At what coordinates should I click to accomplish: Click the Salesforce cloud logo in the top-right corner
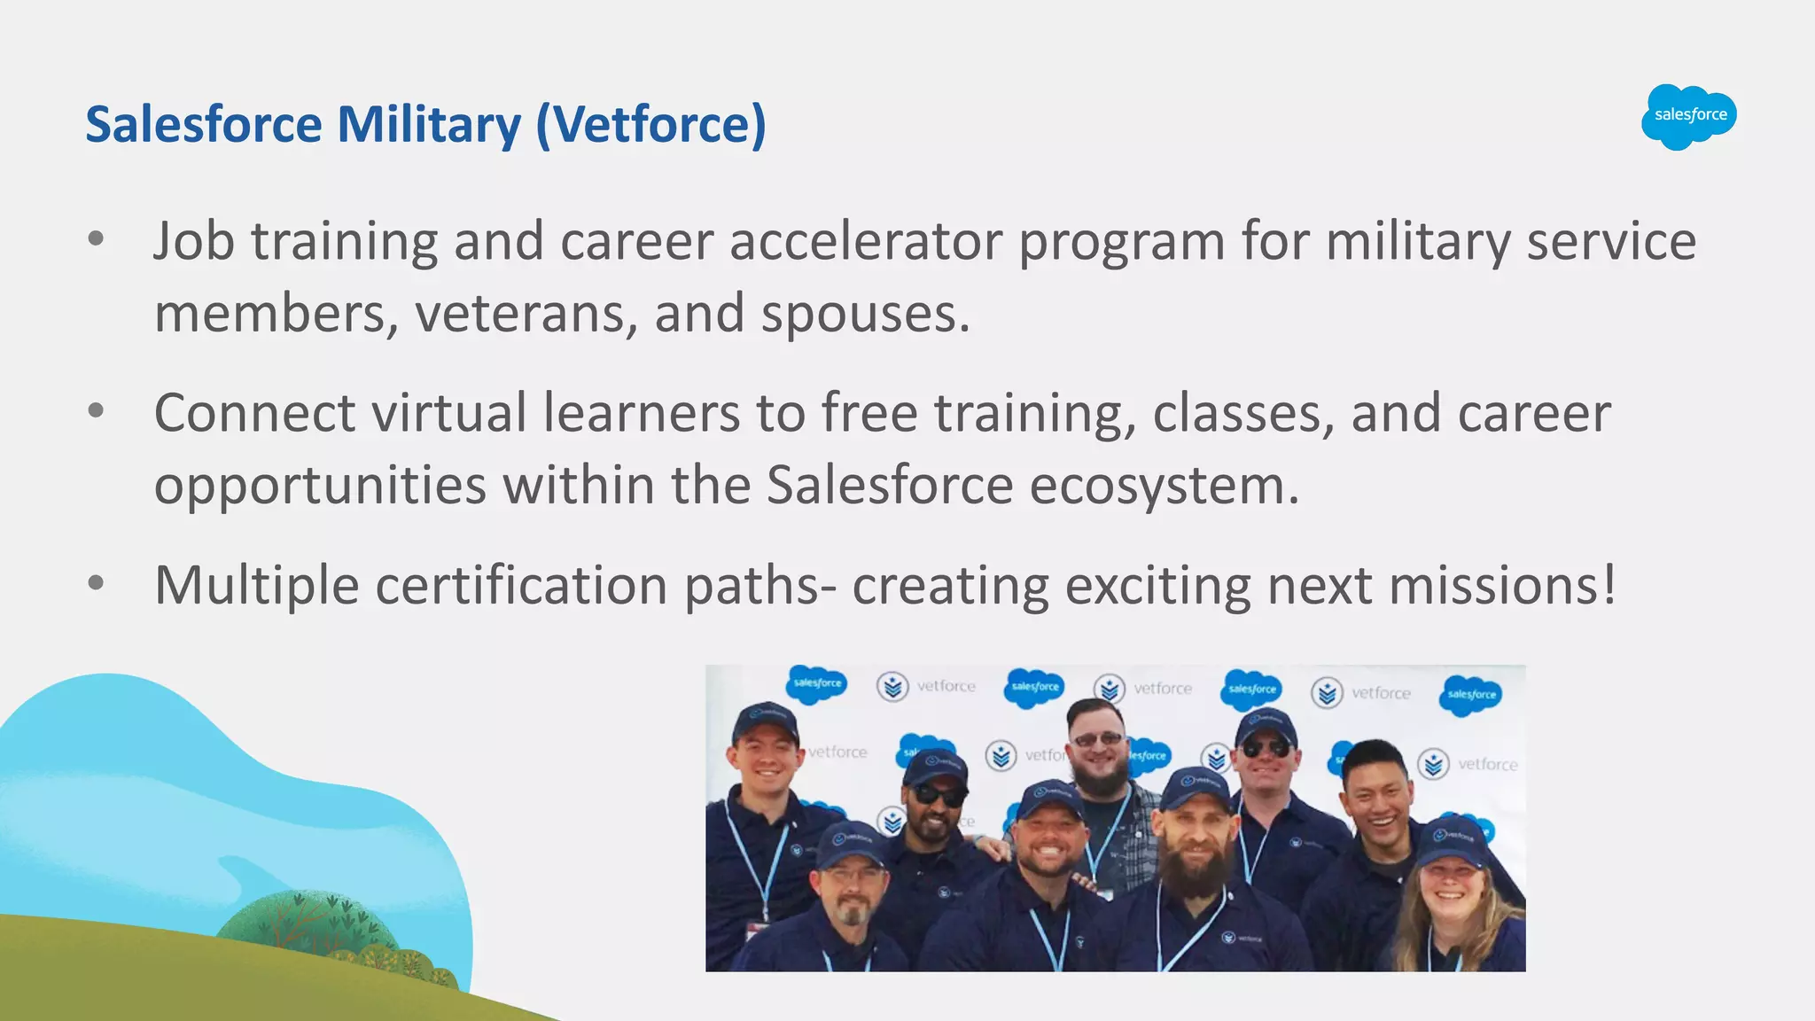click(x=1688, y=116)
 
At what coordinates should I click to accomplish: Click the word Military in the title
click(x=429, y=124)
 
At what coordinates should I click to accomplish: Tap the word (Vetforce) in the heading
click(x=651, y=124)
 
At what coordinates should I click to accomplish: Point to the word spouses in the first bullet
click(x=865, y=315)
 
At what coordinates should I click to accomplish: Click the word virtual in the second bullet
click(x=448, y=413)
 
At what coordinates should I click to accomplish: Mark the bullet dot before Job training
click(x=97, y=238)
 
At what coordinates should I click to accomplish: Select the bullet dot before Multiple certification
click(x=97, y=582)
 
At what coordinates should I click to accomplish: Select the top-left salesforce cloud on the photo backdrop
click(x=816, y=684)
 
